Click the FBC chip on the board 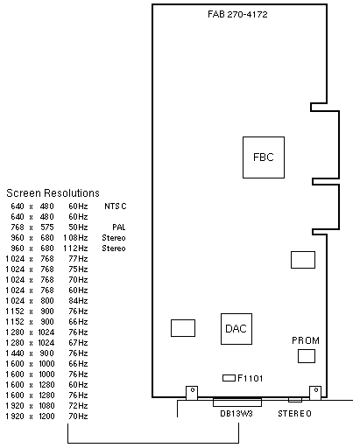(264, 157)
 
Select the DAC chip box (236, 329)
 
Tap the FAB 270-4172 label (237, 14)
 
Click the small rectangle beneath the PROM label (307, 356)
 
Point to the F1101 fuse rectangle (229, 378)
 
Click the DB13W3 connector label (236, 414)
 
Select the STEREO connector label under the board (294, 414)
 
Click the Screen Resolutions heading (53, 193)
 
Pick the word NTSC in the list (116, 206)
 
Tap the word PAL (119, 227)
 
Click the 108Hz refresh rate (75, 238)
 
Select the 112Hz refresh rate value (75, 248)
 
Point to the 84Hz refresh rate (78, 301)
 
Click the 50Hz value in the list (78, 227)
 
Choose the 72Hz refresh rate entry (78, 406)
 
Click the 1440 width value (15, 353)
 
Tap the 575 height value (47, 227)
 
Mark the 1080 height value (46, 406)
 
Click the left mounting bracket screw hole (193, 389)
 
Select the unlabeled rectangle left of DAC (183, 328)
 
